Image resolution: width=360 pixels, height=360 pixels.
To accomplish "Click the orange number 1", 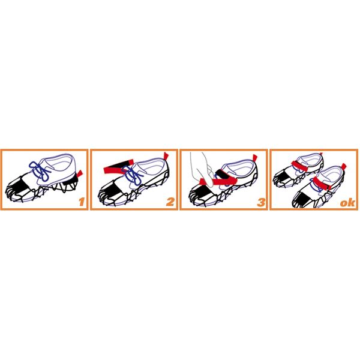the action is [82, 202].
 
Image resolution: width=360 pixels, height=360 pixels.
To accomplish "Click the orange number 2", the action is [170, 202].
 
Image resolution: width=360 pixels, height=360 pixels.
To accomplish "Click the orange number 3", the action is [261, 202].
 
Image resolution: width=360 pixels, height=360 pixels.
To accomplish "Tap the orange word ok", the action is [347, 203].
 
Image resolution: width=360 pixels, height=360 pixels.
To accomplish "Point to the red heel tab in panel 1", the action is [79, 173].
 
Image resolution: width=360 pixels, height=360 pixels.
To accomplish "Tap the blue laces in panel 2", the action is [133, 175].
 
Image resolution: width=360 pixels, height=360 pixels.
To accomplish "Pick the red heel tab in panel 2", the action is [166, 156].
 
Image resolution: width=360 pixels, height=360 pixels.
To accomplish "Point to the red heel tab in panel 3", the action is [254, 158].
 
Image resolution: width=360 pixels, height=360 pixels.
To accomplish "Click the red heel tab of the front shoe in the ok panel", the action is [344, 166].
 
